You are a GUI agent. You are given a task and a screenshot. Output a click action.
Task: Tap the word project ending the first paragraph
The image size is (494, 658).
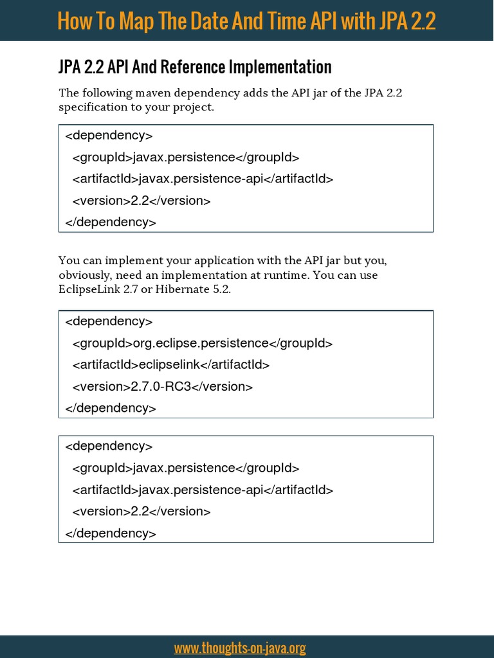pyautogui.click(x=194, y=107)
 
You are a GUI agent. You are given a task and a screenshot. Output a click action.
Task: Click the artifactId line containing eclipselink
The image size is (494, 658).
pyautogui.click(x=171, y=365)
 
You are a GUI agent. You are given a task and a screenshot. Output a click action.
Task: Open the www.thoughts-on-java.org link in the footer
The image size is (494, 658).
pyautogui.click(x=240, y=648)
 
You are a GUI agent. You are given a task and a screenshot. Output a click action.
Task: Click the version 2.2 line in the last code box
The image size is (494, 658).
pyautogui.click(x=142, y=511)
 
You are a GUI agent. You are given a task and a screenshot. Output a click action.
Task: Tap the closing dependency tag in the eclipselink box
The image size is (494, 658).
pyautogui.click(x=111, y=408)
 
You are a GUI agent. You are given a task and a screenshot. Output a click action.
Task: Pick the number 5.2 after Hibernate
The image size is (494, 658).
pyautogui.click(x=221, y=289)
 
